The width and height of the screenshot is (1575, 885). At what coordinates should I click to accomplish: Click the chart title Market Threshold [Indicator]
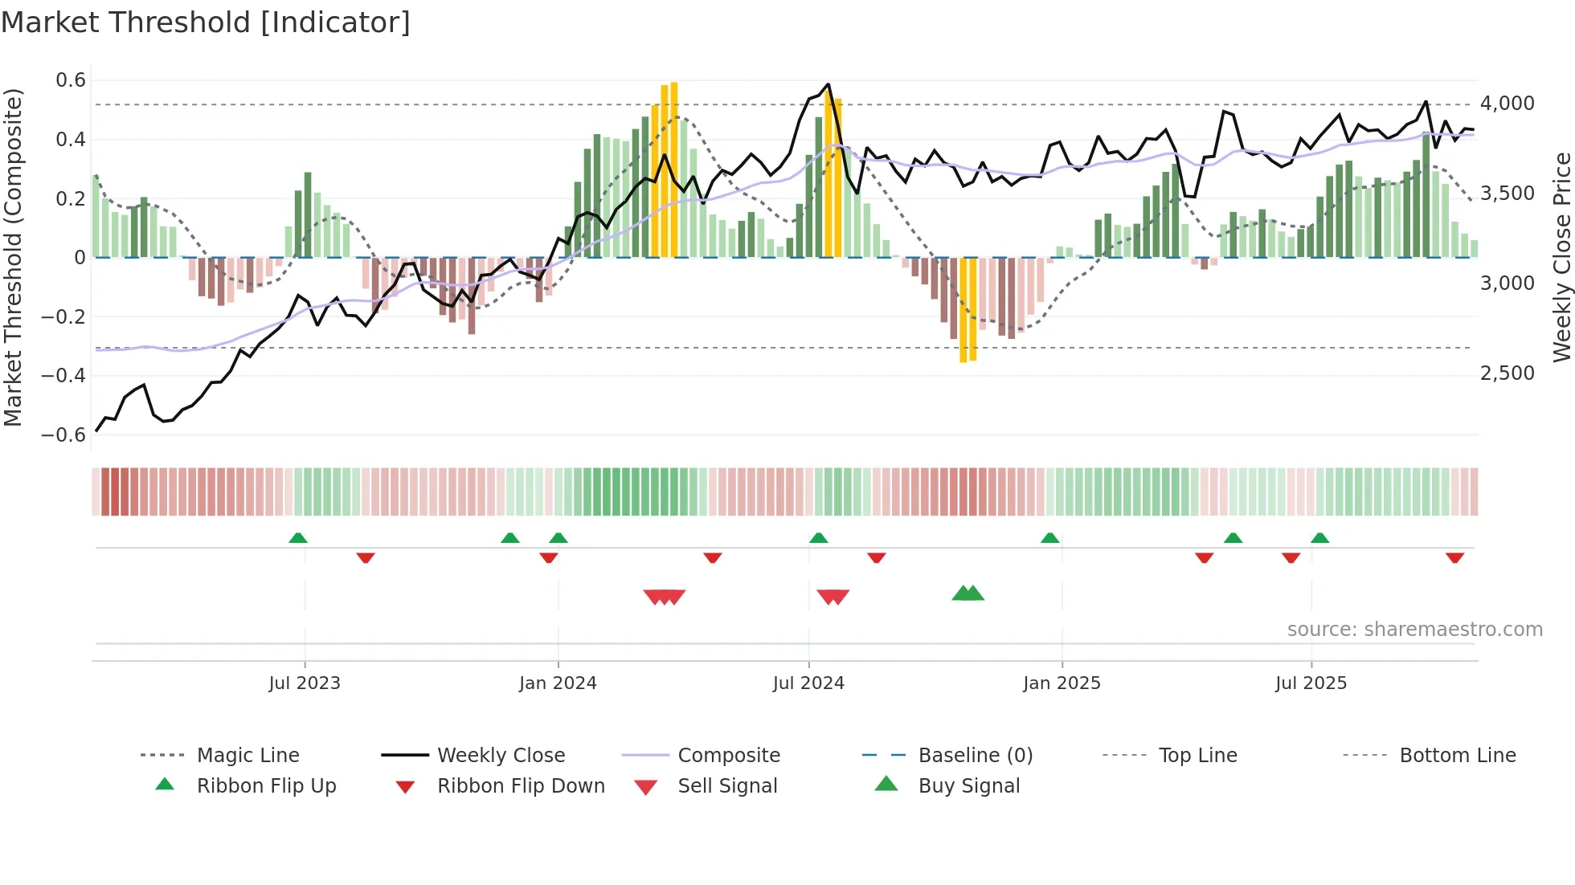click(x=206, y=22)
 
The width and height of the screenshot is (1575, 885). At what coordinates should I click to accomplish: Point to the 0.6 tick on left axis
click(x=71, y=80)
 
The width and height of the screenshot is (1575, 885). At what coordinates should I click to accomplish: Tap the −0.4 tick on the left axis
click(x=63, y=376)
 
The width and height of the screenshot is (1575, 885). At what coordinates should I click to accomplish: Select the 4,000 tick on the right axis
click(x=1507, y=104)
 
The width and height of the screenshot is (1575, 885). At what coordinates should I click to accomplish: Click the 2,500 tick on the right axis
click(x=1507, y=373)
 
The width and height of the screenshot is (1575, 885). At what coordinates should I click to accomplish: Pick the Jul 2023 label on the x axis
click(x=305, y=683)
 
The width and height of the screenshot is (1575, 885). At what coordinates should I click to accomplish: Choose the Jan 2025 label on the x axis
click(x=1062, y=683)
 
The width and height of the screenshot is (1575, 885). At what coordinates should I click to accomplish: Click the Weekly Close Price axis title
click(x=1561, y=257)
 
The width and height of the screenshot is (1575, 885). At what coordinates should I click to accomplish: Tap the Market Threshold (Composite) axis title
click(x=13, y=257)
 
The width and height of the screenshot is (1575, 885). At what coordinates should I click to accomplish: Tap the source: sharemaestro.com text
click(x=1414, y=630)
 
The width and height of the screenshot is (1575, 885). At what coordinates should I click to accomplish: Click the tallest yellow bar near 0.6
click(x=674, y=161)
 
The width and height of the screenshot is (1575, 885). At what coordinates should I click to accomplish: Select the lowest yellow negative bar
click(x=963, y=313)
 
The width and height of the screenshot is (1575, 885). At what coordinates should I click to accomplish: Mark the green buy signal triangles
click(x=967, y=593)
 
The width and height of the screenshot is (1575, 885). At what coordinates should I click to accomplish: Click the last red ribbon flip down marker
click(x=1454, y=557)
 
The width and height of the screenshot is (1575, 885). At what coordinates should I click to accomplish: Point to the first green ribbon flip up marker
click(x=298, y=537)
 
